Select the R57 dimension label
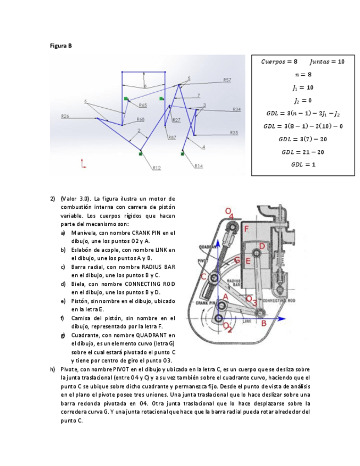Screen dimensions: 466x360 pos(227,80)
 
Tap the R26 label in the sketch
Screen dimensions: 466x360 pos(65,116)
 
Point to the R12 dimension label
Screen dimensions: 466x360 pos(157,168)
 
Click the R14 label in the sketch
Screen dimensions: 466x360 pos(198,165)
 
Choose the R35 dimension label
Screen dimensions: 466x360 pos(234,133)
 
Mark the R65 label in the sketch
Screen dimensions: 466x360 pos(142,105)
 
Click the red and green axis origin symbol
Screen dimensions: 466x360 pos(83,164)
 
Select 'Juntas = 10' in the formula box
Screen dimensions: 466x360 pos(327,62)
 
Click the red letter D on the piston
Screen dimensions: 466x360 pos(262,246)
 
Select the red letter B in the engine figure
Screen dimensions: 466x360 pos(264,323)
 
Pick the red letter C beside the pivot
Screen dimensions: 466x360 pos(204,277)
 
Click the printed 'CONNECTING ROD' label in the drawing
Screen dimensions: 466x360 pos(279,301)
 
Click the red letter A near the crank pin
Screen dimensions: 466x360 pos(224,297)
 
